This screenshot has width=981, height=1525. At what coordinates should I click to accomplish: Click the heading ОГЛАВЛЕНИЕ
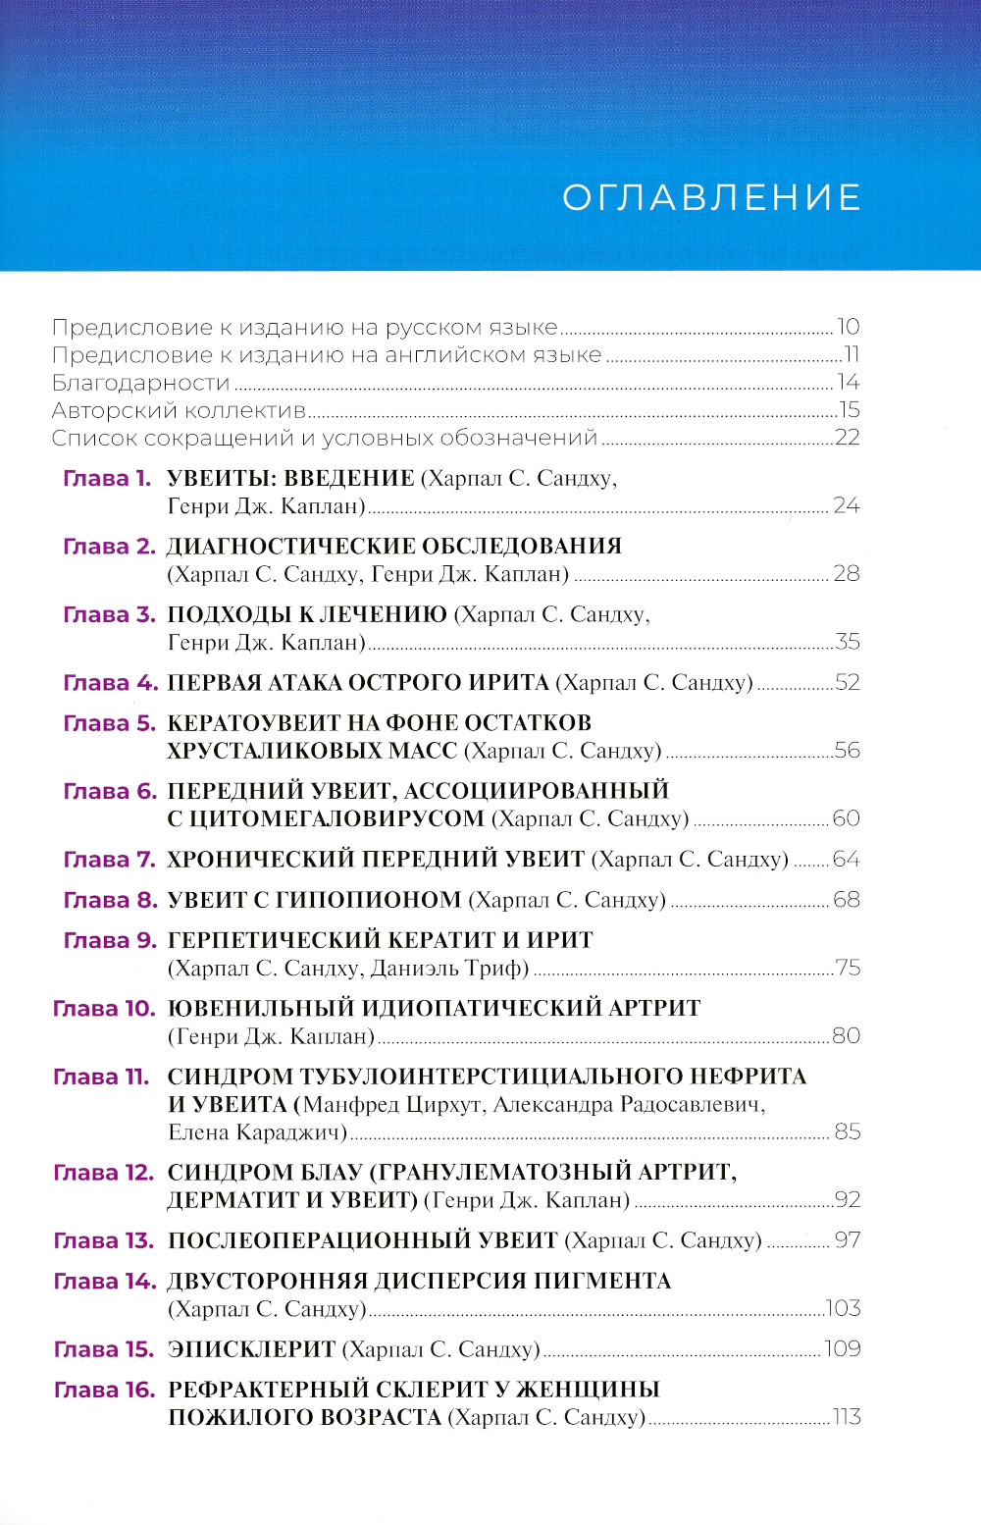[711, 197]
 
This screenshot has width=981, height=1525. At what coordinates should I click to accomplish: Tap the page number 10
[848, 327]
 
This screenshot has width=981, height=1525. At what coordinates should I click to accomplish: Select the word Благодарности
[140, 383]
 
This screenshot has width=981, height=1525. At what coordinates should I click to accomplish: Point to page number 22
[848, 438]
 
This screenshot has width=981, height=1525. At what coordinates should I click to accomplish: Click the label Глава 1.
[107, 479]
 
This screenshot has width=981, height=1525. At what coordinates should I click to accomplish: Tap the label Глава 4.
[110, 683]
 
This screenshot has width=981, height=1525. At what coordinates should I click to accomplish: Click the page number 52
[848, 683]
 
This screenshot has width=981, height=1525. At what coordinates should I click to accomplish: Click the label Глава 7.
[110, 860]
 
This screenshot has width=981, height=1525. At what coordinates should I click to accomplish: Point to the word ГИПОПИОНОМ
[381, 900]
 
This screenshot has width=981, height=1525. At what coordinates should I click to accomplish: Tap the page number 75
[848, 969]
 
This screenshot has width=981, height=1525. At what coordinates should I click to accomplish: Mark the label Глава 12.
[104, 1173]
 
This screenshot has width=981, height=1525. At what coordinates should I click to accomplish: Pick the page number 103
[844, 1309]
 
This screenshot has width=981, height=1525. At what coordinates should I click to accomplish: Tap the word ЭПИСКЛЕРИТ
[252, 1349]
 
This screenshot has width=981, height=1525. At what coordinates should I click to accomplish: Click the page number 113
[846, 1417]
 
